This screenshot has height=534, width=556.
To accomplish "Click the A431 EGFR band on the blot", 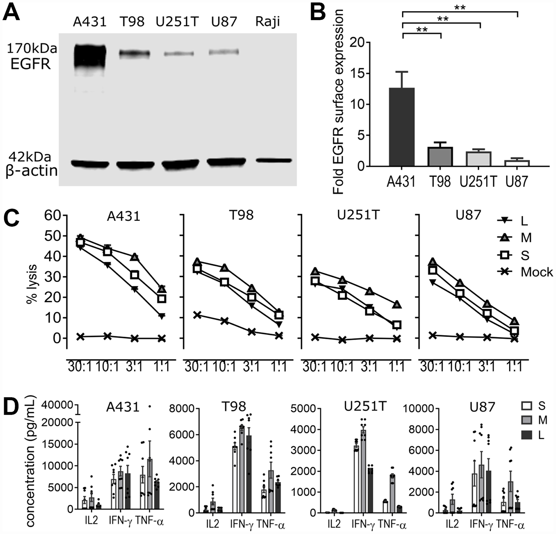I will coord(90,57).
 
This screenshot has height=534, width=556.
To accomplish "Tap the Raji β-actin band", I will coord(274,161).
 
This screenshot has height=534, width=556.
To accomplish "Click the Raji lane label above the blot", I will coord(267,22).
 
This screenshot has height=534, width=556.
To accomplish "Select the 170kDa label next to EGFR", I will coord(32,49).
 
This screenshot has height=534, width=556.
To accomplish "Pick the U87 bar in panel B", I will coord(518,163).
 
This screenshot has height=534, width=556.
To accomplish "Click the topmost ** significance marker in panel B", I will coord(460,8).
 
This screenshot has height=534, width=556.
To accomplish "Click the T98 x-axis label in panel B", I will coord(440,182).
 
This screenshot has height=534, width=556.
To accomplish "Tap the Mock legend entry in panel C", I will coord(525,272).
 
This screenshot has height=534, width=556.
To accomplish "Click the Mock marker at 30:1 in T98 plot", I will coord(197,315).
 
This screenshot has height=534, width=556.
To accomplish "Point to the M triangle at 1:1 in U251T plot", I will coord(397,305).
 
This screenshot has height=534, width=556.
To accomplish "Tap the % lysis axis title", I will coord(32,284).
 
